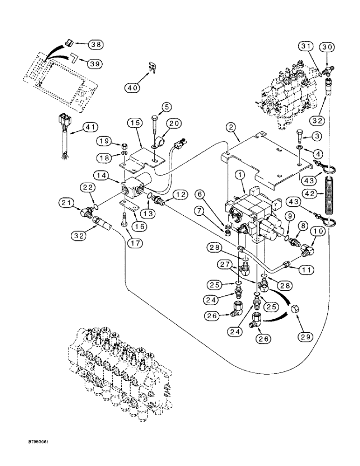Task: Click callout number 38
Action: pos(96,45)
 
